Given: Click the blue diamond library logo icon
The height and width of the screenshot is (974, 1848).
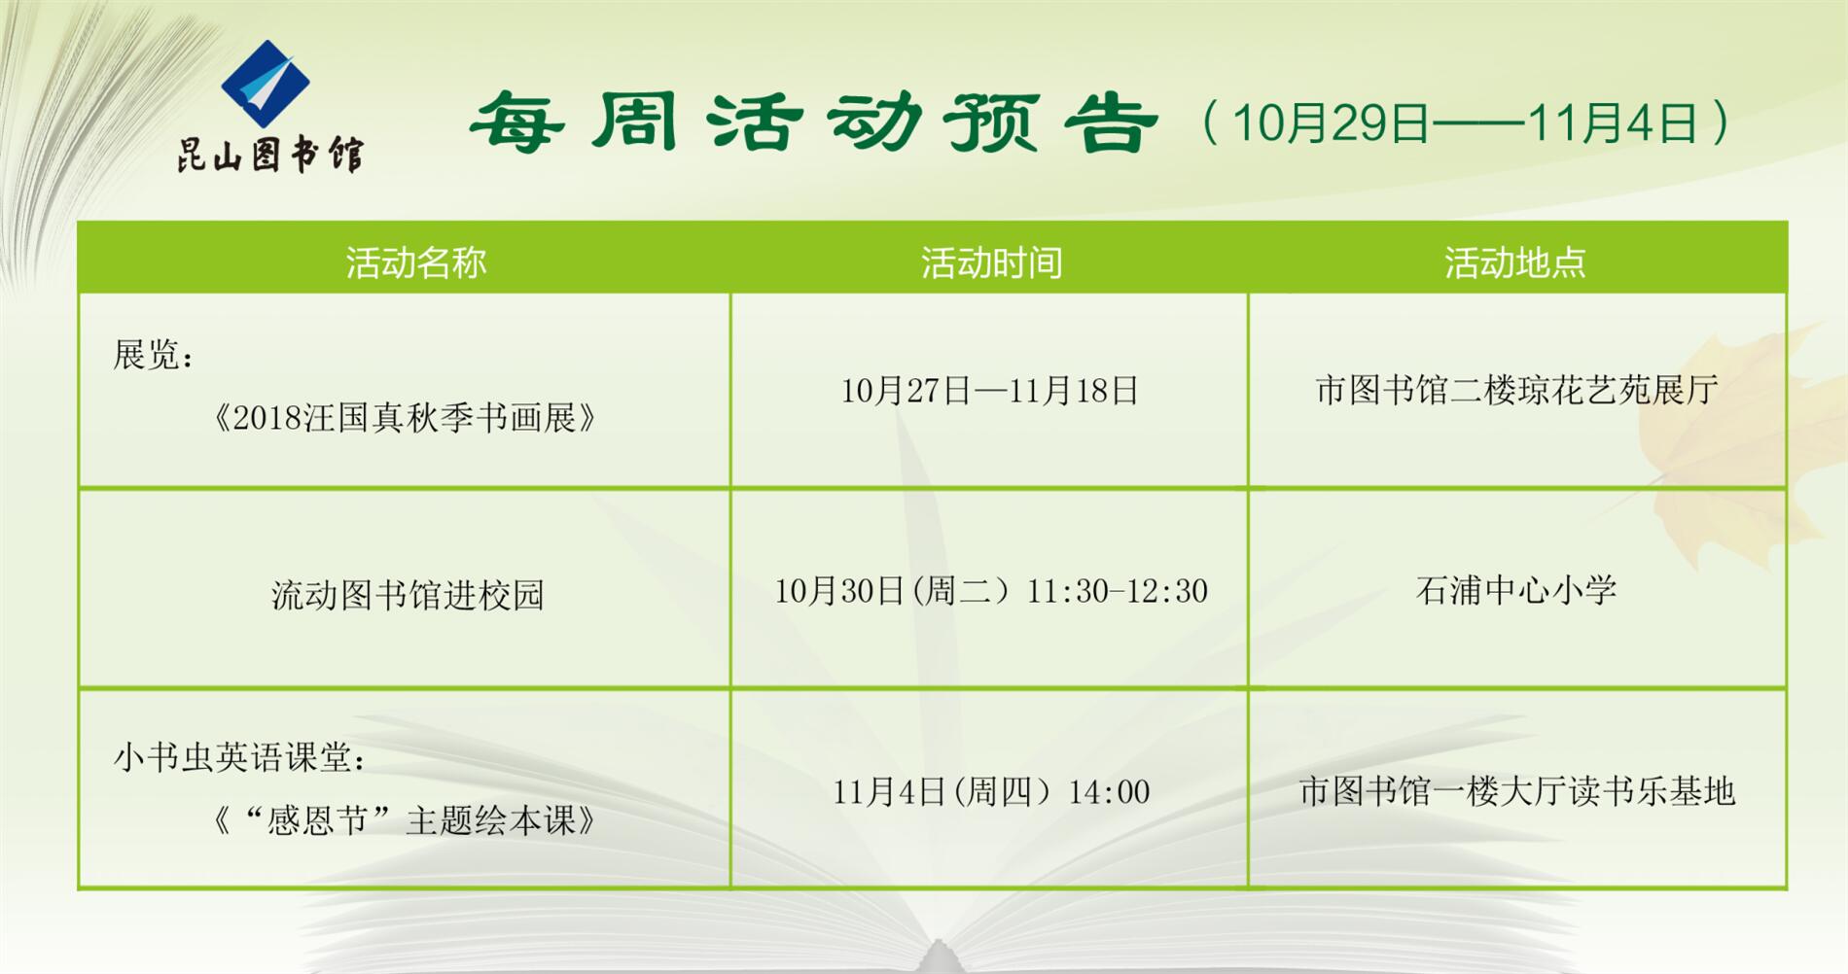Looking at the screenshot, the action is (x=266, y=84).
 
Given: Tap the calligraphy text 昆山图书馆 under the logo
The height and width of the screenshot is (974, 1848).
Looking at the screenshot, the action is (x=269, y=154).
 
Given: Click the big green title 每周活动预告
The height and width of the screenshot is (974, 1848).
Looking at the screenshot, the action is (x=813, y=123).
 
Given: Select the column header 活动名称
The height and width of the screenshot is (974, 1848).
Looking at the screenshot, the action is (x=415, y=262).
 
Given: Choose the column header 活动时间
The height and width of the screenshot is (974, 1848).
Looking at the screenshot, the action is (x=991, y=262).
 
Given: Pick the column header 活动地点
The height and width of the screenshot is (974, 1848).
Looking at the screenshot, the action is (x=1514, y=262).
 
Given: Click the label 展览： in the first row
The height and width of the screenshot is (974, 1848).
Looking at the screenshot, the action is (x=154, y=355).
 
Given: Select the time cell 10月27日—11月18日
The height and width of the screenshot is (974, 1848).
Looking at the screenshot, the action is (x=989, y=391).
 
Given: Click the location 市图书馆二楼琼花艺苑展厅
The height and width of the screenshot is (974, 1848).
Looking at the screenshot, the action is (x=1516, y=391).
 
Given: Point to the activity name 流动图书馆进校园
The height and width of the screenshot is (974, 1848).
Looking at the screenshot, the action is (x=407, y=595).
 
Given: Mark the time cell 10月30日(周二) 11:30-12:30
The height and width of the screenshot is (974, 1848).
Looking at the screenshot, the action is (x=990, y=591).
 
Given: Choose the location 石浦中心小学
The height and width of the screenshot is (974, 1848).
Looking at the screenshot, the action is (x=1515, y=590).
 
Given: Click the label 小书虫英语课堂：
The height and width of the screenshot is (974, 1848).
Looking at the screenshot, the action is (x=239, y=757).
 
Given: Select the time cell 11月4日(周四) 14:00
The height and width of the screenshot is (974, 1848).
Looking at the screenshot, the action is (x=990, y=792).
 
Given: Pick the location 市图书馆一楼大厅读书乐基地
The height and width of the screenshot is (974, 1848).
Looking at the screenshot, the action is (x=1516, y=791).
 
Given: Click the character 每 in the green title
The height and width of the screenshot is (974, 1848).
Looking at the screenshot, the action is (x=516, y=123).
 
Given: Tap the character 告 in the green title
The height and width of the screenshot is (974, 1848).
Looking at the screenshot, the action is (x=1111, y=123).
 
